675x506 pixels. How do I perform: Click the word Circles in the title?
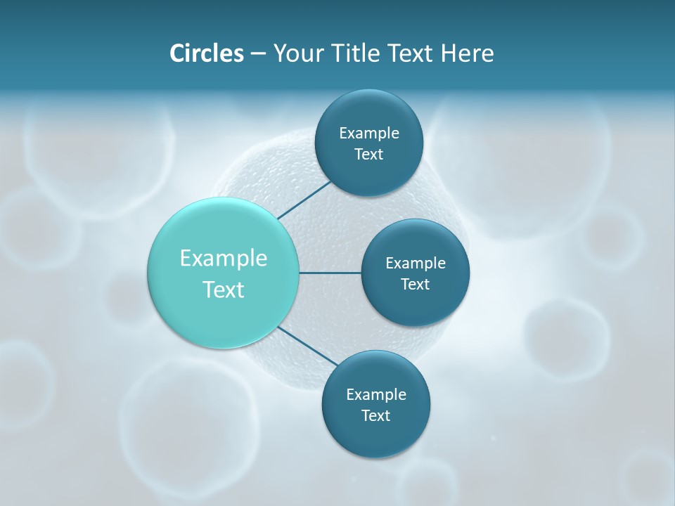(x=206, y=53)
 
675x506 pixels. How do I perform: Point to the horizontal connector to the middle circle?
(x=330, y=273)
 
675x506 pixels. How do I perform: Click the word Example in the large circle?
(x=224, y=259)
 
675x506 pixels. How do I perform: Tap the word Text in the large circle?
(x=224, y=290)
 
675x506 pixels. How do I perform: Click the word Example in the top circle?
(x=369, y=133)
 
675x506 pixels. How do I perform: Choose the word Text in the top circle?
(x=368, y=155)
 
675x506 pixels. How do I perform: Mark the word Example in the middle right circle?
(x=416, y=263)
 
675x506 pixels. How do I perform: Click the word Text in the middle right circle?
(x=415, y=284)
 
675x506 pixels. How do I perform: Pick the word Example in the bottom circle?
(x=376, y=394)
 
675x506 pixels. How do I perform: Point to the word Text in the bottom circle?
(x=375, y=416)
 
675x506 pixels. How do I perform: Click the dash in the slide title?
(x=258, y=54)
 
